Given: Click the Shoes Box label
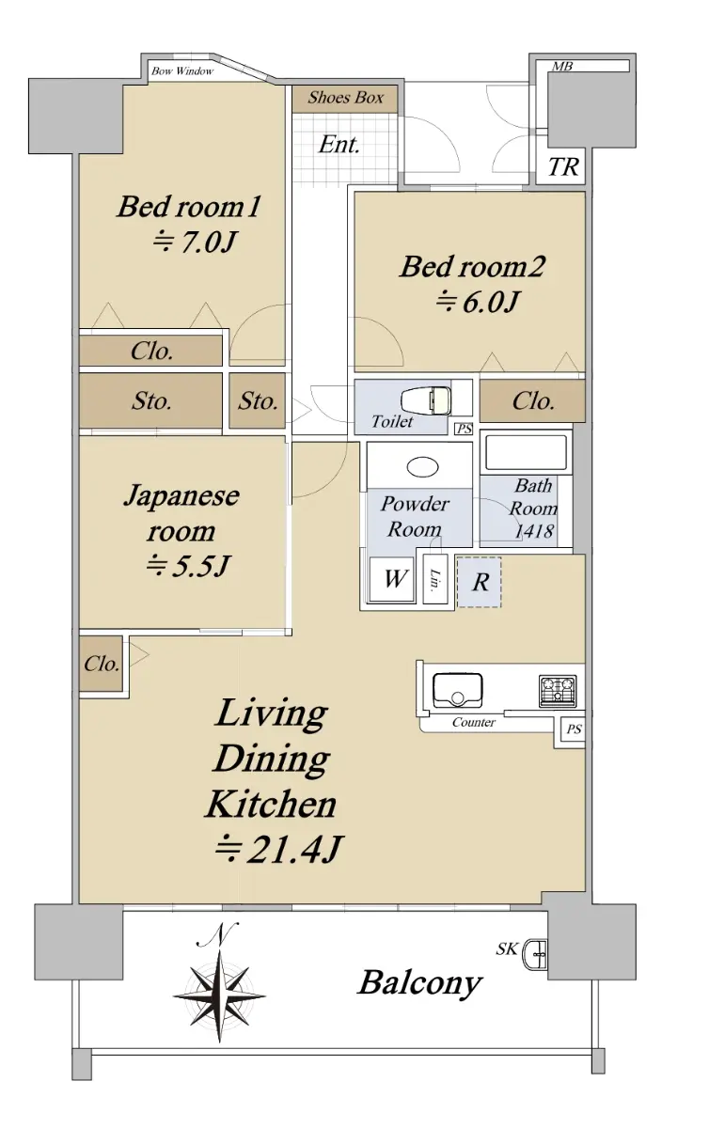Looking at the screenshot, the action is coord(346,97).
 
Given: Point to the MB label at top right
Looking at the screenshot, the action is coord(562,66).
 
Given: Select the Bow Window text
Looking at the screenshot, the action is coord(182,71).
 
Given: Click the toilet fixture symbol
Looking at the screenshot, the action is coord(426,400).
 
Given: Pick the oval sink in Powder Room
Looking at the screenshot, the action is coord(422,467).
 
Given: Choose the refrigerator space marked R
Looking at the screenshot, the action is coord(480,582).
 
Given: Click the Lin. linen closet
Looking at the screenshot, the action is coord(435,579).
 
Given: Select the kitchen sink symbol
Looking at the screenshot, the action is coord(458,690).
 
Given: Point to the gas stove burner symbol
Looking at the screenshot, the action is coord(559,690).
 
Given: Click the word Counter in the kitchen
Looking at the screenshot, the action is coord(474,723).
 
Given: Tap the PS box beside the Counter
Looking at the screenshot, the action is coord(574,728).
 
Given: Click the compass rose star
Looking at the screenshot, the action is coord(220,995).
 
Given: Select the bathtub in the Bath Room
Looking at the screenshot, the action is coord(526,452).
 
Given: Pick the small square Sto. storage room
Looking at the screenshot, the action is coord(257,400).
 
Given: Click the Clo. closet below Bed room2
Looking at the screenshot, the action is coord(532,400).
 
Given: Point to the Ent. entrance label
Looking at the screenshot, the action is coord(339,145).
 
